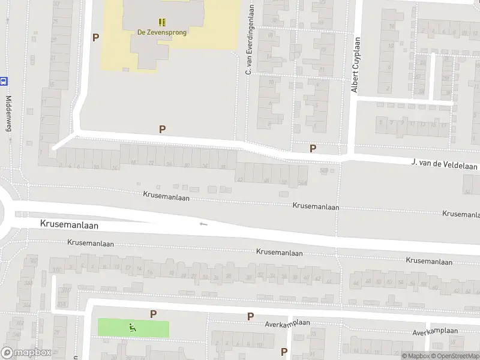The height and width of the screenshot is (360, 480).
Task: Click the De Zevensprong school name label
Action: [x=163, y=32]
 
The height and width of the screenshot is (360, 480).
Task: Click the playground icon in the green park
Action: [x=133, y=328]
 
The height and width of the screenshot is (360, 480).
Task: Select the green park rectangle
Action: [x=150, y=329]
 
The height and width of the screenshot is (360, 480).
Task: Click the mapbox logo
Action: [x=26, y=353]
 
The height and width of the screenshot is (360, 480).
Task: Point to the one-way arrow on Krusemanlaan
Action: [x=203, y=224]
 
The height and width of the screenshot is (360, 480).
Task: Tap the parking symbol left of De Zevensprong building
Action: [x=95, y=37]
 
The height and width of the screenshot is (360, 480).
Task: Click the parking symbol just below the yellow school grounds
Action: [x=162, y=129]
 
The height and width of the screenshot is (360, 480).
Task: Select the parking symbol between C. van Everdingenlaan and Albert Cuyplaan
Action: [x=313, y=148]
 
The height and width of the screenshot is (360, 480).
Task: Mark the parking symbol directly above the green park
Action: [x=153, y=314]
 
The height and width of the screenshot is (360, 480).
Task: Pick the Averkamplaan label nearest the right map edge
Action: [x=435, y=331]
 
